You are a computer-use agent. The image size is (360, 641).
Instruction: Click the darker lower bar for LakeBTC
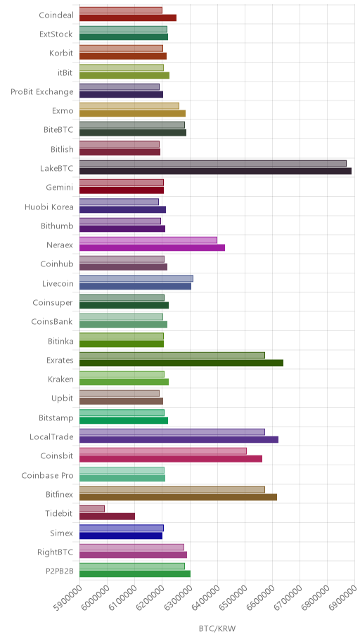point(215,171)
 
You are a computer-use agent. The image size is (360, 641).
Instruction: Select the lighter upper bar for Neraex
point(148,240)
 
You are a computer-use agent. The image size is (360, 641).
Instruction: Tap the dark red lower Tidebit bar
point(107,517)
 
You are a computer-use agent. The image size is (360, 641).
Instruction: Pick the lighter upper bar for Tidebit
point(92,509)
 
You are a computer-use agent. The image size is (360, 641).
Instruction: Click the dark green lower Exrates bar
point(181,363)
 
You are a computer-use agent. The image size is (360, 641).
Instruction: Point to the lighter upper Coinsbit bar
point(163,451)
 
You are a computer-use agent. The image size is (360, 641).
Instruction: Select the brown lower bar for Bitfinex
point(178,497)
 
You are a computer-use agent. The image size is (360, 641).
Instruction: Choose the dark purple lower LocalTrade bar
point(179,439)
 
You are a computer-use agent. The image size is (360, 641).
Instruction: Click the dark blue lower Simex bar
point(121,536)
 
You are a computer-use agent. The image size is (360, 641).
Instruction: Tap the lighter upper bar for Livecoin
point(136,278)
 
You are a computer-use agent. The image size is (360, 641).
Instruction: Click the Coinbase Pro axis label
point(47,475)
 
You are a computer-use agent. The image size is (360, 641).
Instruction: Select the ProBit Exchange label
point(42,91)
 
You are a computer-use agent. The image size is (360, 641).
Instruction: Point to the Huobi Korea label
point(49,207)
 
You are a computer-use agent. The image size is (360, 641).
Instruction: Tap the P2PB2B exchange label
point(60,571)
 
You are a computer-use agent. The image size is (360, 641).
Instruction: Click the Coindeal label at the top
point(56,15)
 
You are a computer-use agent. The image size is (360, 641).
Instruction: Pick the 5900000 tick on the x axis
point(66,597)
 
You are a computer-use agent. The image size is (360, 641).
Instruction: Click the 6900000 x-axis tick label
point(342,597)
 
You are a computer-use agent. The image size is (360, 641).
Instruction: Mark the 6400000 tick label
point(204,597)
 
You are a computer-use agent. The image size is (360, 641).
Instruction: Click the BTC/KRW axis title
point(217,629)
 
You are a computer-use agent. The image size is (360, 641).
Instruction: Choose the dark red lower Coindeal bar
point(128,18)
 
